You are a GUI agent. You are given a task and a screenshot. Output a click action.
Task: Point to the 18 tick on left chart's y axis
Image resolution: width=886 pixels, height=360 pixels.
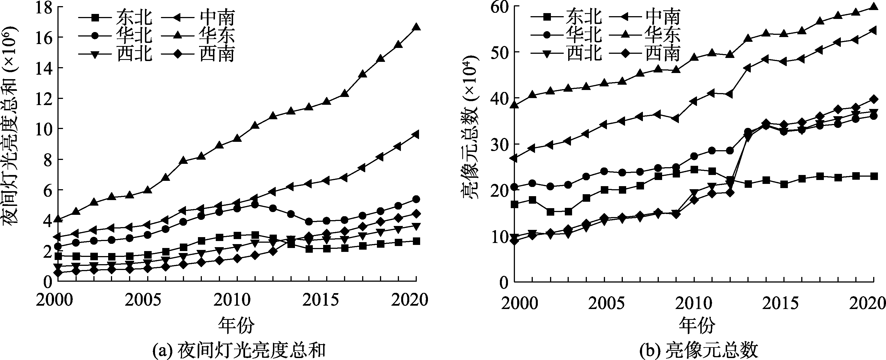pos(45,8)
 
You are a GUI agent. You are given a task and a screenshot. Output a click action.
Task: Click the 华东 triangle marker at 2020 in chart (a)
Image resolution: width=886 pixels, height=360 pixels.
pos(416,27)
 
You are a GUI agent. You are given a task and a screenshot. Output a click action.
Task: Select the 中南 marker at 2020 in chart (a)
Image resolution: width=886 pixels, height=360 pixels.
pos(416,134)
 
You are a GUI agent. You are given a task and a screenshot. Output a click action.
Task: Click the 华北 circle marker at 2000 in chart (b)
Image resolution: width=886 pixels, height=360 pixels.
pos(515,187)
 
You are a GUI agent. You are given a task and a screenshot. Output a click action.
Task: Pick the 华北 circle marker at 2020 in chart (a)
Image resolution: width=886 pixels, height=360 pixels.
pos(416,199)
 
